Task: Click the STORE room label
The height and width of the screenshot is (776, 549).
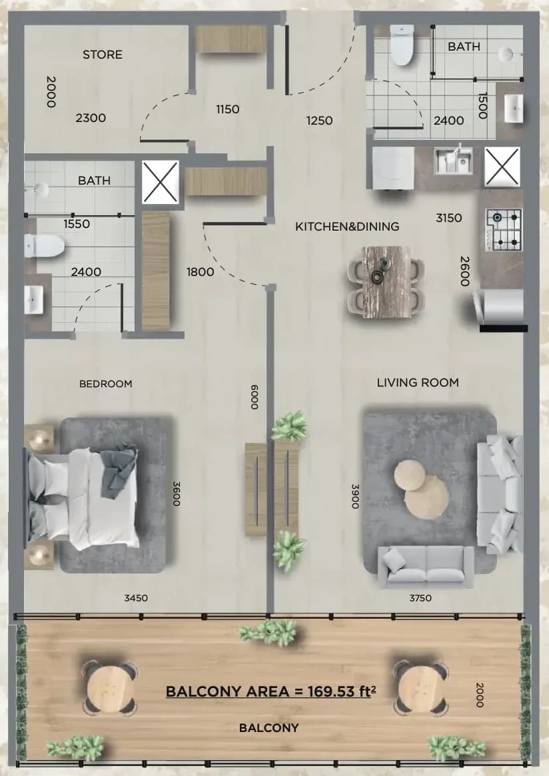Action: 103,55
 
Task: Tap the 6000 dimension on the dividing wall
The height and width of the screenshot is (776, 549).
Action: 255,397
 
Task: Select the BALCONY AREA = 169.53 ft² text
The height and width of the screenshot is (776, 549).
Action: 271,691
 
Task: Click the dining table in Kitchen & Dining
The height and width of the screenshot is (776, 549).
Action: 386,281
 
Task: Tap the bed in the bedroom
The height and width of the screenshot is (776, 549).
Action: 81,497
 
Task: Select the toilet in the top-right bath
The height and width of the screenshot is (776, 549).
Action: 402,45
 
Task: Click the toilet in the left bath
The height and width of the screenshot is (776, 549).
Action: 44,246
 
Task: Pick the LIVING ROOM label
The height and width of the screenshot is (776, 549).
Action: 418,383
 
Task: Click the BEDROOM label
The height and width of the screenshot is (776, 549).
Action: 106,383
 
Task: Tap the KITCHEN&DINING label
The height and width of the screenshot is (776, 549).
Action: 347,227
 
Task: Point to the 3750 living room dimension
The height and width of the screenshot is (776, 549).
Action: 420,598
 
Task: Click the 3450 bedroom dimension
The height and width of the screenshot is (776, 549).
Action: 136,598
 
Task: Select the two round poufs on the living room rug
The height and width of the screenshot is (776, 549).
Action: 421,489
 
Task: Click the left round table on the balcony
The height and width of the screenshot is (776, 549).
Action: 110,688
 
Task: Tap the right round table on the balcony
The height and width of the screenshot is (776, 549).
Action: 420,688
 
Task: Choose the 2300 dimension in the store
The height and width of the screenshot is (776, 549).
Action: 91,118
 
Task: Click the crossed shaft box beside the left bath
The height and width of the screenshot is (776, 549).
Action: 161,181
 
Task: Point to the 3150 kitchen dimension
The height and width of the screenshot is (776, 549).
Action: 448,218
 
